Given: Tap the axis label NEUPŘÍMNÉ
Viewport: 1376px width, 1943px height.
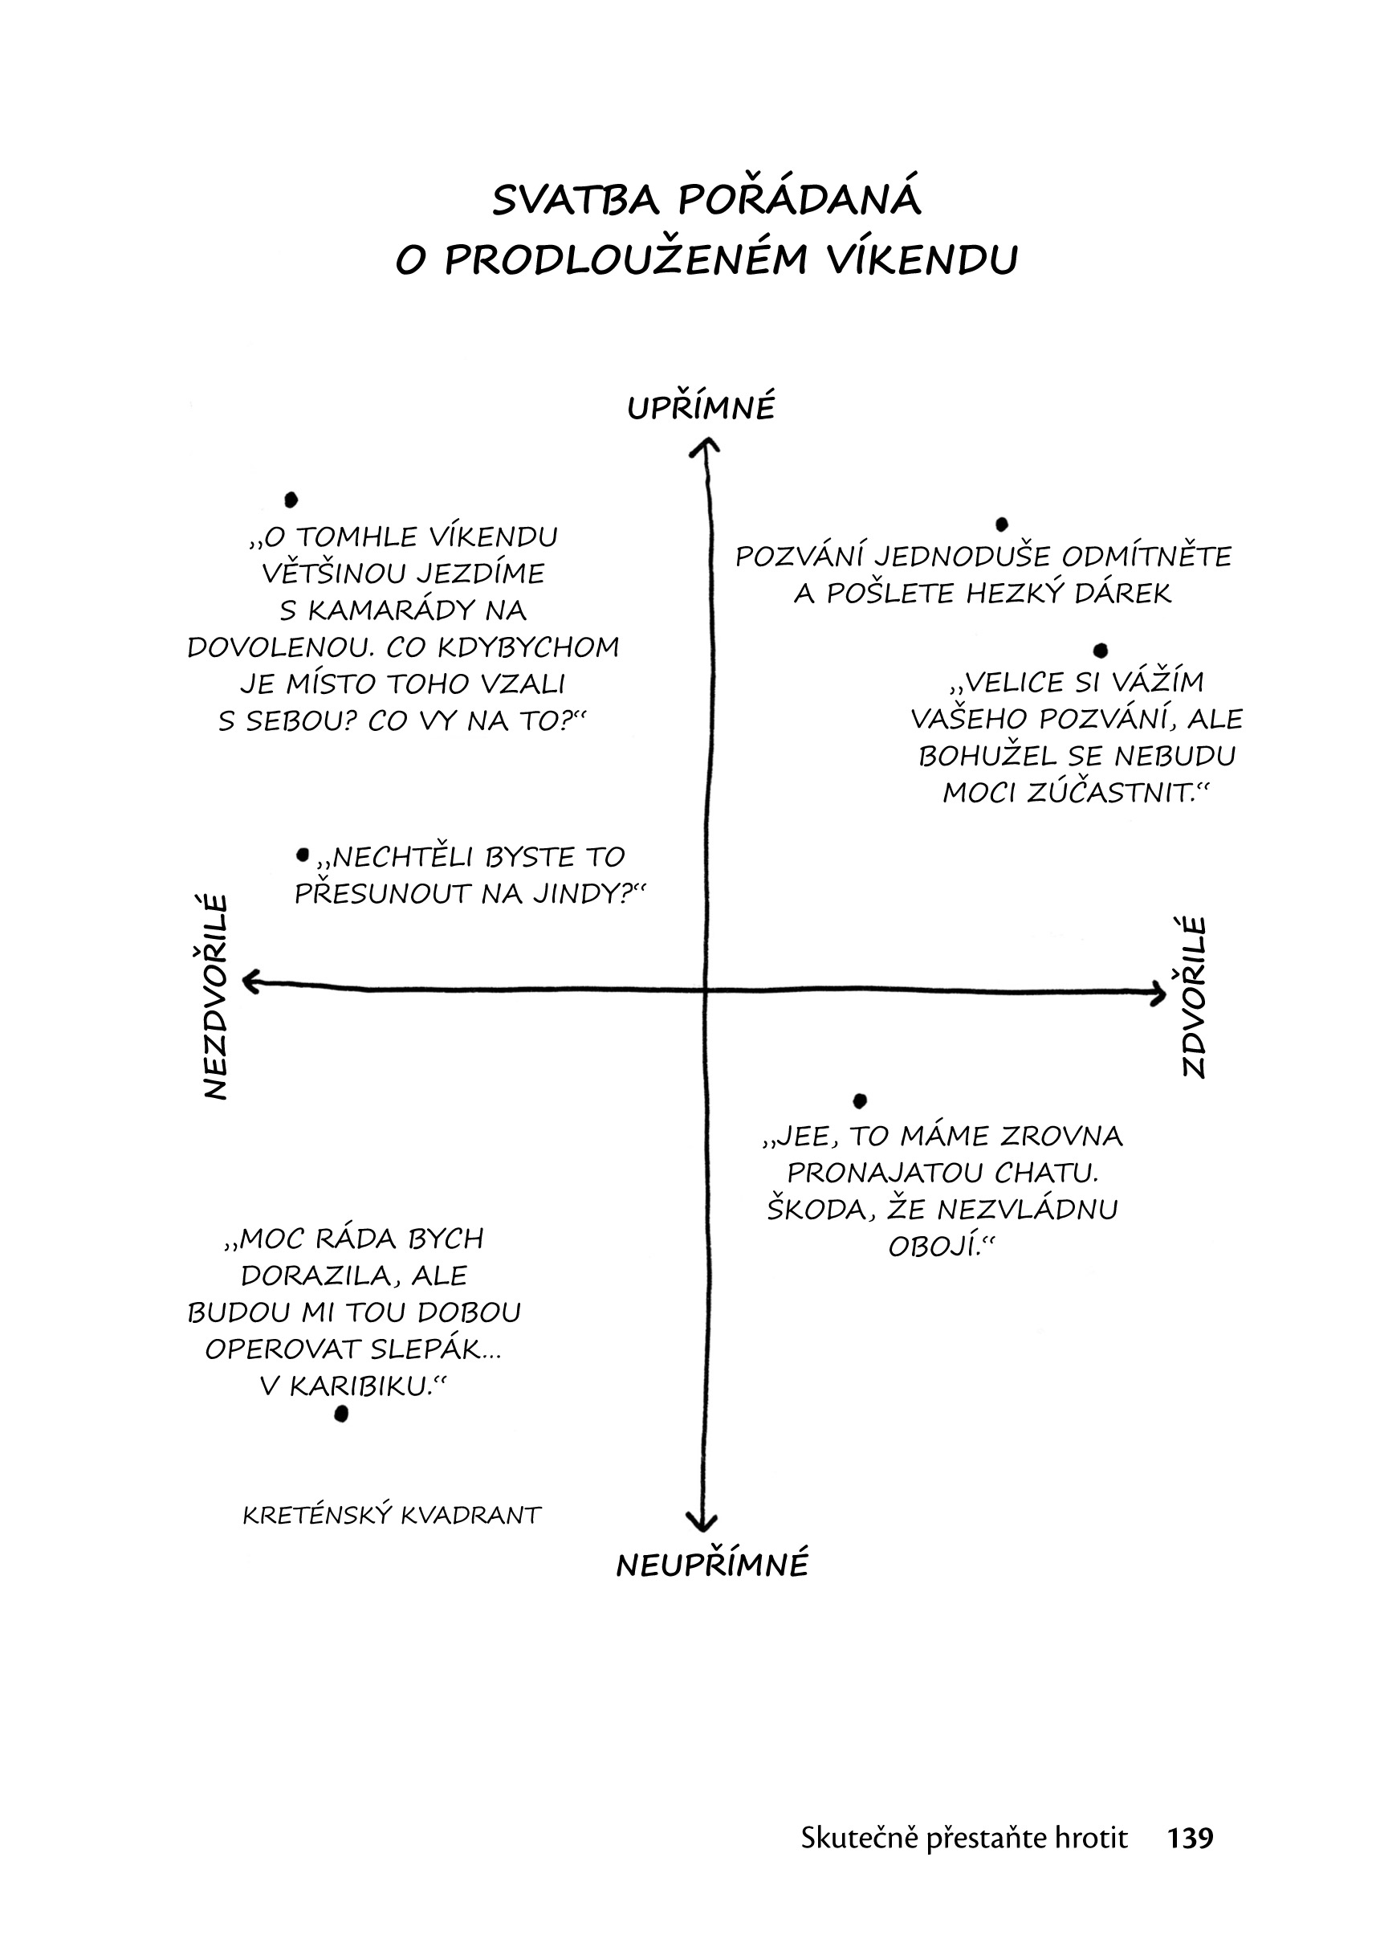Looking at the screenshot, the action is tap(712, 1563).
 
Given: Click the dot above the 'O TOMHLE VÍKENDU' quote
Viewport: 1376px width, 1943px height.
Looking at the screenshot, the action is tap(291, 499).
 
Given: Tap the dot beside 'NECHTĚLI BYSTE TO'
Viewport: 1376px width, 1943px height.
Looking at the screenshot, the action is tap(303, 855).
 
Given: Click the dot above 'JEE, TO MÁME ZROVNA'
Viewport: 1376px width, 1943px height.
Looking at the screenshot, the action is tap(860, 1100).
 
